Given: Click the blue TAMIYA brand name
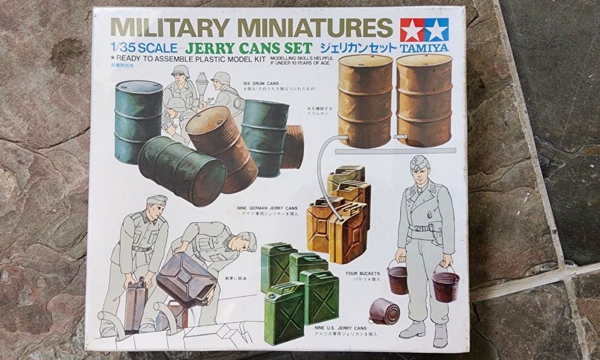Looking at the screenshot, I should point(424,48).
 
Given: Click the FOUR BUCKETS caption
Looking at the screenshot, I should point(363,273).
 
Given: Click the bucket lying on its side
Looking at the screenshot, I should point(384,311).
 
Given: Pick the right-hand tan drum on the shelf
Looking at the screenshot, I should point(424,100).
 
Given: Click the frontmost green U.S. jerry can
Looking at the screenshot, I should point(284,313).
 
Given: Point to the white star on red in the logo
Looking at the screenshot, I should point(412,29).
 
